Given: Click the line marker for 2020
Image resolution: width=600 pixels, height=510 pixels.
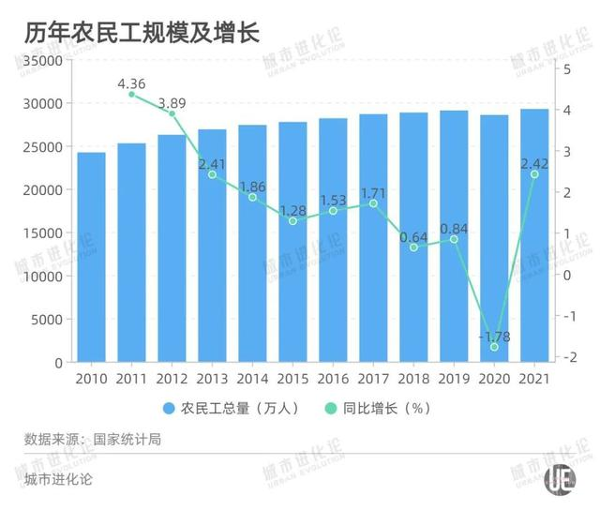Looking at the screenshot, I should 494,347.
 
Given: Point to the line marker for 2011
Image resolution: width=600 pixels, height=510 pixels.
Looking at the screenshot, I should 131,95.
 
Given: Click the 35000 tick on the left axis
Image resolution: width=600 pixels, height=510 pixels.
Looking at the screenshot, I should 43,61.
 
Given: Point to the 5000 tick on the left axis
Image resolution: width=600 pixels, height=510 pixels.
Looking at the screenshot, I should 47,320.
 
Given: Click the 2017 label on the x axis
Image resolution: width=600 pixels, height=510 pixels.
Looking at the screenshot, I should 373,378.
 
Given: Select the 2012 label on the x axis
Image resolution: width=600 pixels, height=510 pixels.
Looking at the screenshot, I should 172,378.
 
